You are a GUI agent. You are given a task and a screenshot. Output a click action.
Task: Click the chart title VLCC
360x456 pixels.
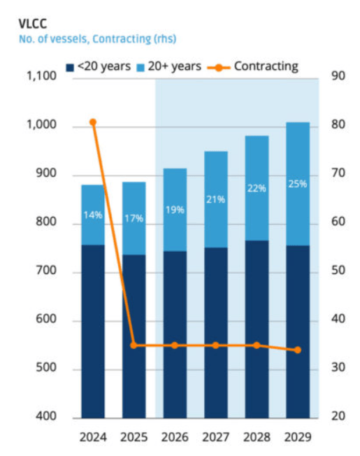click(33, 24)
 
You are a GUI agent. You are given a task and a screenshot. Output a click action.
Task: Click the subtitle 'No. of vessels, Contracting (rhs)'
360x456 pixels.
click(98, 38)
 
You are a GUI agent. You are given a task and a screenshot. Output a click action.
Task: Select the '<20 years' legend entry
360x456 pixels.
click(99, 66)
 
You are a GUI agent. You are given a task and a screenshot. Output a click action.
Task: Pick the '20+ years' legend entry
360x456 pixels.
click(169, 66)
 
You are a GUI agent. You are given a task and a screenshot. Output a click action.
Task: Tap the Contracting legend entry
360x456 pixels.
click(253, 66)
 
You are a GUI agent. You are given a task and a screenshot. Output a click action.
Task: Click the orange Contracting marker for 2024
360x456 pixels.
click(93, 122)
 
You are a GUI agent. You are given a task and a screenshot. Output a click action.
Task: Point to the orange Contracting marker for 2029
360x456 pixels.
click(298, 350)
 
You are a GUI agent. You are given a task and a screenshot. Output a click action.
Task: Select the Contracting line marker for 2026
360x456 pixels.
click(175, 345)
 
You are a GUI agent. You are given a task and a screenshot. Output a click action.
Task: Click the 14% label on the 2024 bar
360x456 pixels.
click(93, 215)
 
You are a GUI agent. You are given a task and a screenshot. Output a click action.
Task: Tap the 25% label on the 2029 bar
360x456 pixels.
click(298, 184)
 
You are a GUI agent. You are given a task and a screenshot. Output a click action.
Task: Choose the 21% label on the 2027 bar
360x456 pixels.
click(215, 199)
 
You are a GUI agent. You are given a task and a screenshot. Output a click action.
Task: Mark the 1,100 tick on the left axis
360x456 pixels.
click(41, 76)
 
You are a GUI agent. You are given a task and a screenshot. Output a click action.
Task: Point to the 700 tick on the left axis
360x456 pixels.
click(46, 271)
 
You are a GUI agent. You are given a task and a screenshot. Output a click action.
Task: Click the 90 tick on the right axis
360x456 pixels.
click(338, 76)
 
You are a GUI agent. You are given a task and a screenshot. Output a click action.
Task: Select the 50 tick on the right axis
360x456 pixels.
click(338, 271)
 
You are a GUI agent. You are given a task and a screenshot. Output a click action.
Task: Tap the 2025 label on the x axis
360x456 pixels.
click(134, 437)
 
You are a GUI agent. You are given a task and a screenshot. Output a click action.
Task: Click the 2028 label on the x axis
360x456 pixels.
click(257, 437)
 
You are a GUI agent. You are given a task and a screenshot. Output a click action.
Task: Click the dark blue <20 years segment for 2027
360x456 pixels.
click(216, 333)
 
